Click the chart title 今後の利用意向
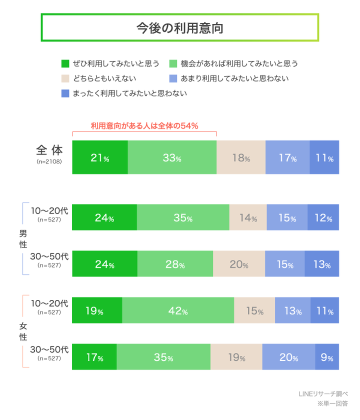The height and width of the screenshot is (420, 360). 180,28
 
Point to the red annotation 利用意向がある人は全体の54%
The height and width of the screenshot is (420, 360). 144,125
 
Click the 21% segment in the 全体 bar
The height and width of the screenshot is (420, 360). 100,157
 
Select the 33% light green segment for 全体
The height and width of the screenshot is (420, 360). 172,157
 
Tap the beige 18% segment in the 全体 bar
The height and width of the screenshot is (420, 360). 240,157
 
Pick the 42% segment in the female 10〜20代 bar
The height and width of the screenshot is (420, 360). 178,311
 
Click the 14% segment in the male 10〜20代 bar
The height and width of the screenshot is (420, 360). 247,218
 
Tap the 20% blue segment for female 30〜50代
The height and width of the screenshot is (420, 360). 288,357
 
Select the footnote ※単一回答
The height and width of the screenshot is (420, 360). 332,403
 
